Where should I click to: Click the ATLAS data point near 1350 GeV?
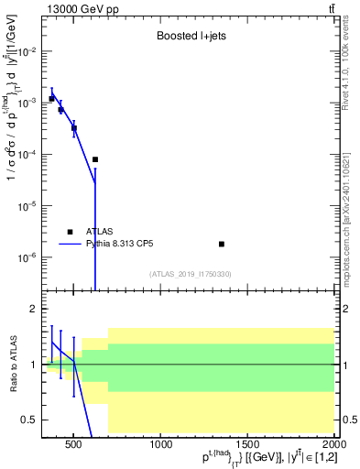pyautogui.click(x=222, y=244)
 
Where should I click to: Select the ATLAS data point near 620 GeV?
pyautogui.click(x=95, y=159)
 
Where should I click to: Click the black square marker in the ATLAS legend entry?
pyautogui.click(x=70, y=232)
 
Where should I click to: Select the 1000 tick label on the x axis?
pyautogui.click(x=161, y=445)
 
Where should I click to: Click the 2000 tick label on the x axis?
pyautogui.click(x=333, y=445)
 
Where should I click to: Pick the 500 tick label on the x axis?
pyautogui.click(x=75, y=445)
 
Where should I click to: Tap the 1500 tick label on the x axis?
pyautogui.click(x=247, y=445)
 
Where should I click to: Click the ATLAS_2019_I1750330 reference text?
pyautogui.click(x=190, y=274)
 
